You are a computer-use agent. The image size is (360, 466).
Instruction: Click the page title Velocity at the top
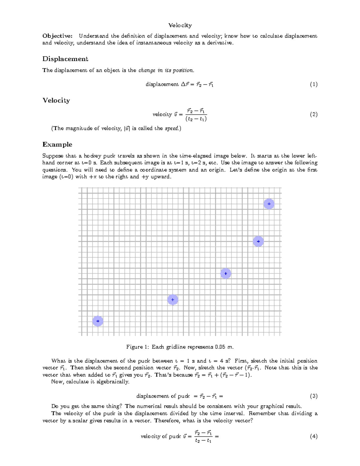coord(180,25)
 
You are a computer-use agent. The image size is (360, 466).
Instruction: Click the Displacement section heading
coord(65,59)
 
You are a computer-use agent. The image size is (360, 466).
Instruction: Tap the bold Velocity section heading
coord(56,101)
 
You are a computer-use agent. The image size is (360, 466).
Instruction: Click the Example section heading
coord(57,145)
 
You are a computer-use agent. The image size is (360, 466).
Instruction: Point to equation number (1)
coord(313,84)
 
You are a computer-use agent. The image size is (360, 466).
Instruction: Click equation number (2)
coord(313,114)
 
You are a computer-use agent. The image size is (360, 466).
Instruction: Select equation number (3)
coord(313,396)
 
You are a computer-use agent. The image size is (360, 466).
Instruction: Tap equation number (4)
coord(313,436)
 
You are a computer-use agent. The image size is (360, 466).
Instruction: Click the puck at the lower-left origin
coord(98,321)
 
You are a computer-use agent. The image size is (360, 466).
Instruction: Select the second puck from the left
coord(172,299)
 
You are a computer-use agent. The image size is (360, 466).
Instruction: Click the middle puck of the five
coord(226,273)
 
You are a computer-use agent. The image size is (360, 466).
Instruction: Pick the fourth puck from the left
coord(258,241)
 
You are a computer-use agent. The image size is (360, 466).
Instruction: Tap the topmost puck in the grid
coord(269,204)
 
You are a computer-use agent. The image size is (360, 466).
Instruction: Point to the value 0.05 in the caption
coord(220,347)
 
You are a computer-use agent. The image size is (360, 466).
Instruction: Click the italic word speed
coord(172,128)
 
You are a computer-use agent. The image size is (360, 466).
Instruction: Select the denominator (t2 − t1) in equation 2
coord(196,119)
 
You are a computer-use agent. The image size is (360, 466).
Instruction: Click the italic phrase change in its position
coord(166,71)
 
